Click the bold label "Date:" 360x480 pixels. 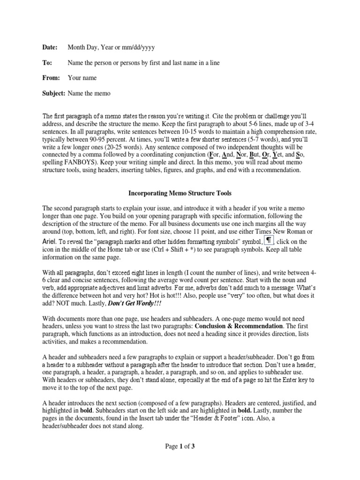[49, 47]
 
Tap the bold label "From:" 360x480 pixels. [51, 78]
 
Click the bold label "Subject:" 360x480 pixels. [54, 93]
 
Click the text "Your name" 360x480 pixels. [82, 78]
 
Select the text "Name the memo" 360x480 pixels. [89, 93]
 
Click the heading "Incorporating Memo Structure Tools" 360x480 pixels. [180, 193]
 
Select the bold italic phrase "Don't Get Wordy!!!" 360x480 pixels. [135, 303]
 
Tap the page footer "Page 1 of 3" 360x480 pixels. [180, 446]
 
